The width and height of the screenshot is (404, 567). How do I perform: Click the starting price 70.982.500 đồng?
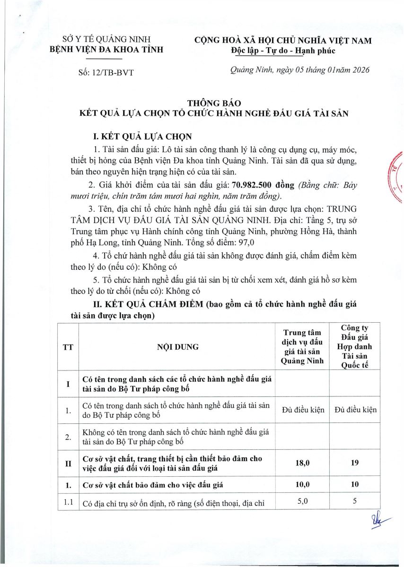click(x=263, y=185)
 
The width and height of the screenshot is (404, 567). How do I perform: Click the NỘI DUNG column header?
click(x=177, y=347)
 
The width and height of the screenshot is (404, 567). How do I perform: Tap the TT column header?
click(x=68, y=347)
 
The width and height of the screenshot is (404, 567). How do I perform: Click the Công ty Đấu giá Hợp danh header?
click(x=358, y=346)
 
